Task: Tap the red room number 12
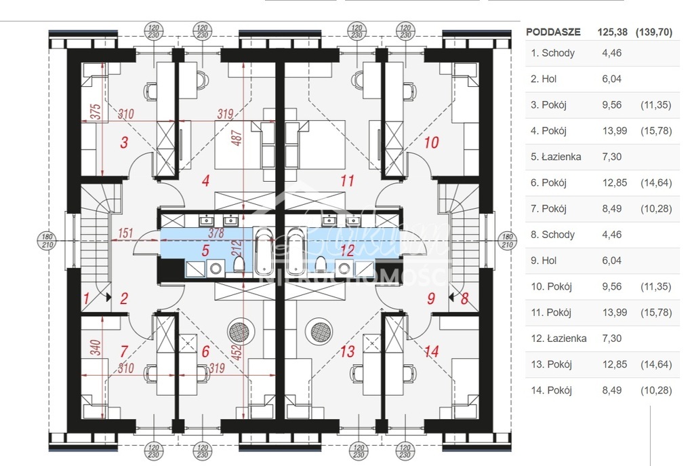point(347,250)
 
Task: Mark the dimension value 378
point(216,233)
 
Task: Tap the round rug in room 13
point(319,332)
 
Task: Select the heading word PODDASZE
point(554,31)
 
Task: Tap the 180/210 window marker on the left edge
point(46,240)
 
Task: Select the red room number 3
point(124,142)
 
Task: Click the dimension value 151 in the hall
point(125,233)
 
